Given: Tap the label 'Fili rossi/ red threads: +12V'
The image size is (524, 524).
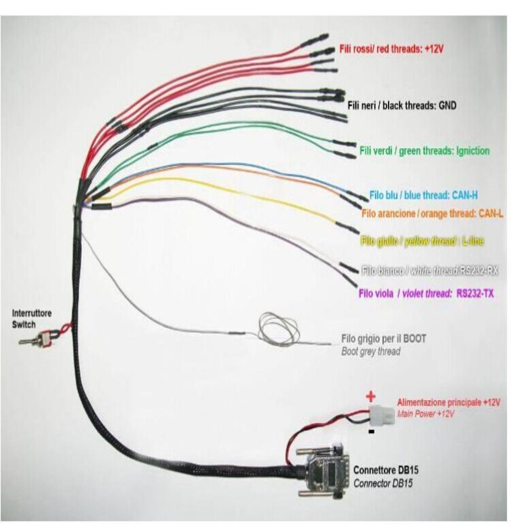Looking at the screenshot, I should point(397,49).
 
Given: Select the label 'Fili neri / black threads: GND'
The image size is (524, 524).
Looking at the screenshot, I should point(402,105).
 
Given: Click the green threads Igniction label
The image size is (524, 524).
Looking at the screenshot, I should point(424,151).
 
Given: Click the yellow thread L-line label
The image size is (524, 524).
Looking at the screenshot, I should point(422,241).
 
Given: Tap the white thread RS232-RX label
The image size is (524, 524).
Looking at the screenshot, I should point(429,271).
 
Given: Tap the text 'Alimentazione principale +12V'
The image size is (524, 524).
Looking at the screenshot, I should point(449,403).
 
